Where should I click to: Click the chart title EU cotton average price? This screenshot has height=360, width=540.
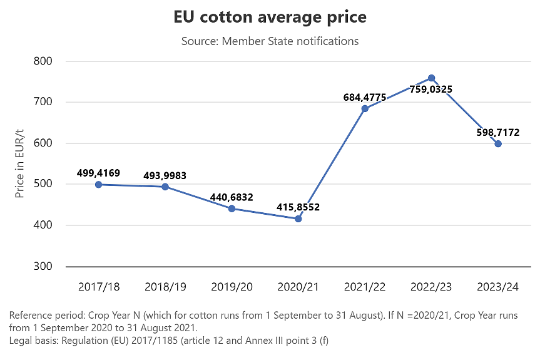pos(270,18)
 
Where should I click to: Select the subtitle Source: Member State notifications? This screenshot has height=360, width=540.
pos(270,41)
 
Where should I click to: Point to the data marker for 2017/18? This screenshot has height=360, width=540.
pos(99,185)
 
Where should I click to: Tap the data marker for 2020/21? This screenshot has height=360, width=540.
pos(298,219)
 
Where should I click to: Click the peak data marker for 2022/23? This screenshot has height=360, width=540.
pos(431,78)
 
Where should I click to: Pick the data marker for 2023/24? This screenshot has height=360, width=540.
pos(498,144)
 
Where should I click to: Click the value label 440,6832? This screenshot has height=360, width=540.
pos(232,197)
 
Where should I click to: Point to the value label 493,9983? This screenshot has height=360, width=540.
pos(165,175)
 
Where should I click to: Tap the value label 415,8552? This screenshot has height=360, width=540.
pos(298,207)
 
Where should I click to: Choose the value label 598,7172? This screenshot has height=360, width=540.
pos(498,133)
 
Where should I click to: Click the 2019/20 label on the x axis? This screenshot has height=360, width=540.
pos(232,287)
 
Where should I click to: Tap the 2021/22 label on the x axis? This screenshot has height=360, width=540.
pos(364,287)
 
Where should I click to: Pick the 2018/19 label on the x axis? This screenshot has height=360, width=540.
pos(165,287)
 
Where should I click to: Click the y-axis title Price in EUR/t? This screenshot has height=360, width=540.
pos(20,164)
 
